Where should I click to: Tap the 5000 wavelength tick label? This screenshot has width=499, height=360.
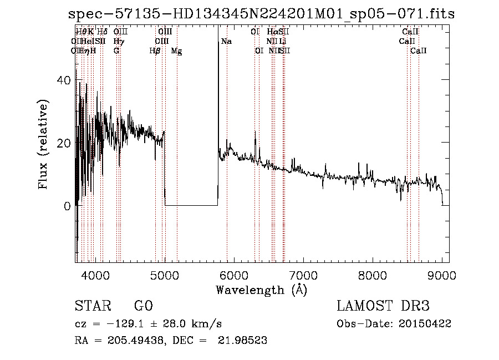click(x=164, y=275)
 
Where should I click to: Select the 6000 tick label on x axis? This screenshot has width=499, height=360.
click(x=233, y=275)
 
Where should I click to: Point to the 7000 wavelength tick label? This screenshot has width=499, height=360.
click(x=303, y=275)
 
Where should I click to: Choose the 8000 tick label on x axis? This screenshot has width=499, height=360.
click(x=373, y=275)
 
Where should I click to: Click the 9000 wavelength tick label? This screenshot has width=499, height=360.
click(x=442, y=275)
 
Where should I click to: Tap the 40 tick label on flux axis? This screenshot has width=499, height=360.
click(x=64, y=80)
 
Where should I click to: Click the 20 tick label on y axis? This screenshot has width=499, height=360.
click(x=64, y=143)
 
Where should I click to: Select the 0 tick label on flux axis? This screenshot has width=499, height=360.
click(x=67, y=206)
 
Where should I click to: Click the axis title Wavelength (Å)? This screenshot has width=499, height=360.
click(x=261, y=290)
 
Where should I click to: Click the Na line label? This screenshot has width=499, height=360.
click(x=226, y=42)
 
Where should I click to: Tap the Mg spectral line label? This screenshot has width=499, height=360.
click(x=176, y=51)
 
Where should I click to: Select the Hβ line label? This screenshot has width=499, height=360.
click(x=155, y=51)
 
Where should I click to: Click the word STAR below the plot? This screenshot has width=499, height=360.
click(x=92, y=306)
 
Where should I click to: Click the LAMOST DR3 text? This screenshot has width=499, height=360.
click(x=383, y=306)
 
